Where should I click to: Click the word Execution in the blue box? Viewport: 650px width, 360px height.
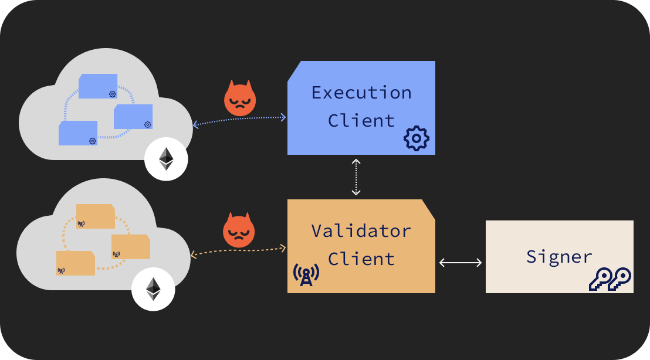[361, 93]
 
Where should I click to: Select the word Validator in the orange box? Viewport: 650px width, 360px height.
[361, 230]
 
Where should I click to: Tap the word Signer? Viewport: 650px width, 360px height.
[559, 257]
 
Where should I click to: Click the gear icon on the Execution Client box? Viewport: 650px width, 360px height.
[417, 138]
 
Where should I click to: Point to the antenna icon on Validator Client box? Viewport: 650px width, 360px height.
[306, 274]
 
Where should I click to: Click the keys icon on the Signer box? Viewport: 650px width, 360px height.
[610, 279]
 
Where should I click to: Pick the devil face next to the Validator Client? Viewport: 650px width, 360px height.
[239, 230]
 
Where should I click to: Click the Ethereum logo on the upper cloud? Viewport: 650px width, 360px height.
[167, 158]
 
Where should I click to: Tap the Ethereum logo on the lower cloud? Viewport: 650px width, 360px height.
[153, 289]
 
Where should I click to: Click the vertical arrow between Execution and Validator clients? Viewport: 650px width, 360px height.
[356, 176]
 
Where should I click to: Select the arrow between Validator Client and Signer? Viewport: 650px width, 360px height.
[461, 263]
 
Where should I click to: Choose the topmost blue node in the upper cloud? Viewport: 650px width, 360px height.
[98, 86]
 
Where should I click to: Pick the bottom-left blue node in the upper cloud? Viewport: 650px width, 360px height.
[78, 133]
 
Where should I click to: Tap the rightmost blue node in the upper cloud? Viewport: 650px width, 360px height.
[133, 117]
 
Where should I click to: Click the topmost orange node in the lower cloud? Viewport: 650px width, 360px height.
[95, 216]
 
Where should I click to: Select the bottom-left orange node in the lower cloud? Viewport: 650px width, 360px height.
[76, 263]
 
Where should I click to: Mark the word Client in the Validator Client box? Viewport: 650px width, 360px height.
[361, 259]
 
